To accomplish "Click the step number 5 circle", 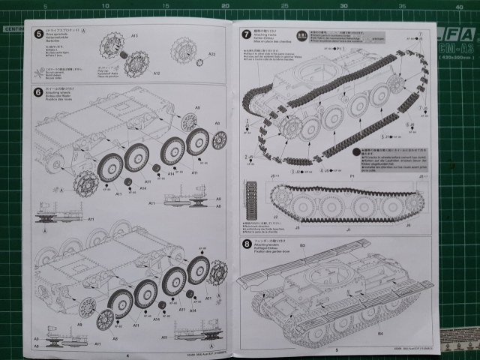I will point(38,33).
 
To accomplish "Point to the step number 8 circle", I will point(247,244).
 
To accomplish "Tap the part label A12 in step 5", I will point(157,73).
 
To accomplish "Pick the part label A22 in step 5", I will point(211,54).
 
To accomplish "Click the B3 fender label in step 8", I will point(303,244).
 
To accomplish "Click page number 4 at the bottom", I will point(129,356).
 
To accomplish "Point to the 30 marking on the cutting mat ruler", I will point(343,6).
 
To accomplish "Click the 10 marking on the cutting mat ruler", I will point(102,6).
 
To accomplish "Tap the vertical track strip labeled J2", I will point(250,202).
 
